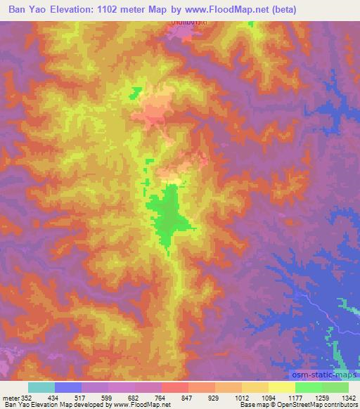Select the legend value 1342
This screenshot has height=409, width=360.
[348, 398]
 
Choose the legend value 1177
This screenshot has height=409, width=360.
[295, 398]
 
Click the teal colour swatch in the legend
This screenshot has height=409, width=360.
[41, 387]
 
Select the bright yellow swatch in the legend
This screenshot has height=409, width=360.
[282, 387]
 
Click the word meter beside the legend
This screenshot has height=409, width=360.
[10, 398]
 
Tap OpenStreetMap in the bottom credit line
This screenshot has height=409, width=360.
[298, 405]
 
